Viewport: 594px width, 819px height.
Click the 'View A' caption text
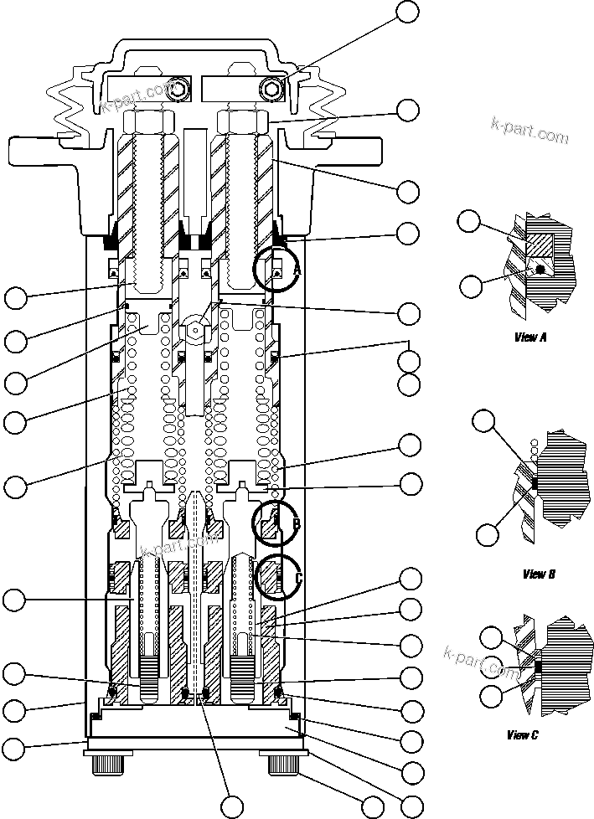[529, 338]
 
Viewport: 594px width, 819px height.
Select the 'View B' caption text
[539, 574]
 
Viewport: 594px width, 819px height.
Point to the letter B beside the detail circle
[296, 524]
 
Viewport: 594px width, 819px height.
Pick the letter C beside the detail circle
[297, 577]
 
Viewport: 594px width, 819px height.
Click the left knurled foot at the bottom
[106, 764]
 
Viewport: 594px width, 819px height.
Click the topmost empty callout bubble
[408, 11]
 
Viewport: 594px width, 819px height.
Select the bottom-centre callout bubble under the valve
[232, 807]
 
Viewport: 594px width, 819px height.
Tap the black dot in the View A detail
[542, 270]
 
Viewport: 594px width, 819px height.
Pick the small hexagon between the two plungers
[194, 330]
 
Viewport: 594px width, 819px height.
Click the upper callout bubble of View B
[484, 420]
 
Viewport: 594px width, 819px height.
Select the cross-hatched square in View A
[539, 243]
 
